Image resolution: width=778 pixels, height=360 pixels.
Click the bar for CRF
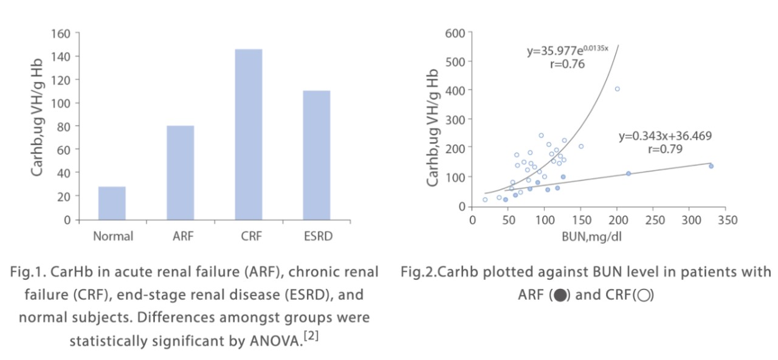tap(248, 134)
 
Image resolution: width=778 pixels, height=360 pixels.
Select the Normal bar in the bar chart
tap(112, 203)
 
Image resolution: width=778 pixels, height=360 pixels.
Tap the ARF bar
tap(180, 173)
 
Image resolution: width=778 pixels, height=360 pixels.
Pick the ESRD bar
tap(316, 155)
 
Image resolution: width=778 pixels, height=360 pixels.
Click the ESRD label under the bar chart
tap(316, 236)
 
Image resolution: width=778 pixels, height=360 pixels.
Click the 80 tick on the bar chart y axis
tap(64, 126)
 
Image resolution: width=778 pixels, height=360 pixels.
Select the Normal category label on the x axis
tap(112, 236)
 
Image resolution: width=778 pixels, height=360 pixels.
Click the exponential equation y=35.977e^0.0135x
tap(567, 50)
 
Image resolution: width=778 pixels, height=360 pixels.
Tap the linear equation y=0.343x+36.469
tap(665, 136)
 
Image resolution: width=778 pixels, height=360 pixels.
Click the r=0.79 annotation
tap(665, 148)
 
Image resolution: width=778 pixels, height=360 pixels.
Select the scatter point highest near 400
tap(617, 89)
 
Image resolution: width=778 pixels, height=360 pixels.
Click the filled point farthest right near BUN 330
tap(711, 166)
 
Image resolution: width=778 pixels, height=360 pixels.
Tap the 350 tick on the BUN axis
tap(727, 220)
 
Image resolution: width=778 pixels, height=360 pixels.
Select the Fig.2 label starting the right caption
tap(419, 272)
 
